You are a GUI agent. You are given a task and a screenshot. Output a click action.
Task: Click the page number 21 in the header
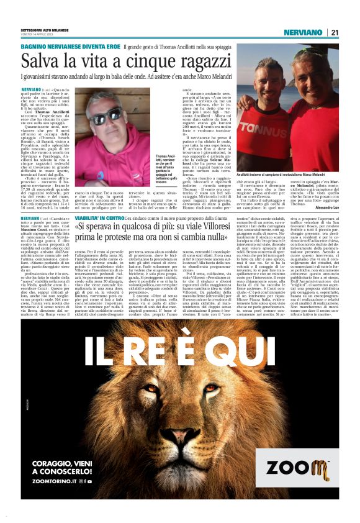click(334, 32)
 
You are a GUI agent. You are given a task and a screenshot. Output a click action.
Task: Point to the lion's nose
click(179, 449)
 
